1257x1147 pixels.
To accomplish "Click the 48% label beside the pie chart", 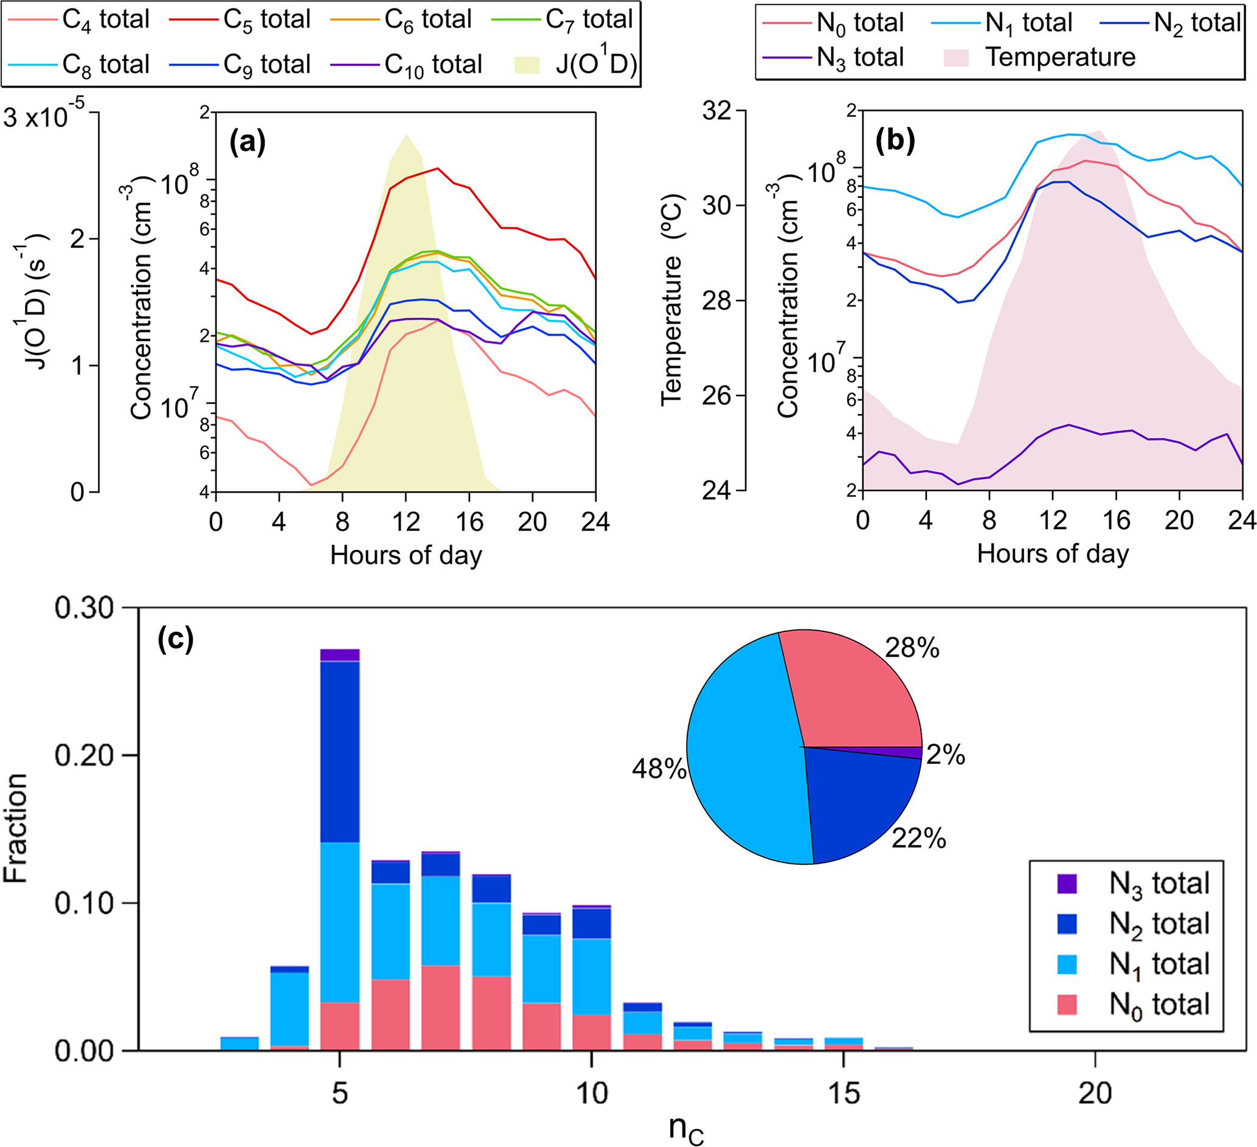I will [x=659, y=769].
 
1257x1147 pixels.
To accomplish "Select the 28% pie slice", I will [x=854, y=692].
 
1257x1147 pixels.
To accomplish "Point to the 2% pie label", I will [x=945, y=755].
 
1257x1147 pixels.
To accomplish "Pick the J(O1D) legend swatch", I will [x=526, y=65].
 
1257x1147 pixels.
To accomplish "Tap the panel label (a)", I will [x=248, y=142].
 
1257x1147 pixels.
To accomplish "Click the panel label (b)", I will [x=895, y=141].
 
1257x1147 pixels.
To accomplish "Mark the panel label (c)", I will [x=176, y=639].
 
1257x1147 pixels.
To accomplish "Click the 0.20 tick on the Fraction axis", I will [x=84, y=755].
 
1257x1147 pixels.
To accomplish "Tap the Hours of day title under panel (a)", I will [x=406, y=555].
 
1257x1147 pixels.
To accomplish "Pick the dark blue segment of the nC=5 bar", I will [x=340, y=752].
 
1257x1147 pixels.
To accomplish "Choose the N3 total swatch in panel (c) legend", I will [x=1067, y=884].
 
